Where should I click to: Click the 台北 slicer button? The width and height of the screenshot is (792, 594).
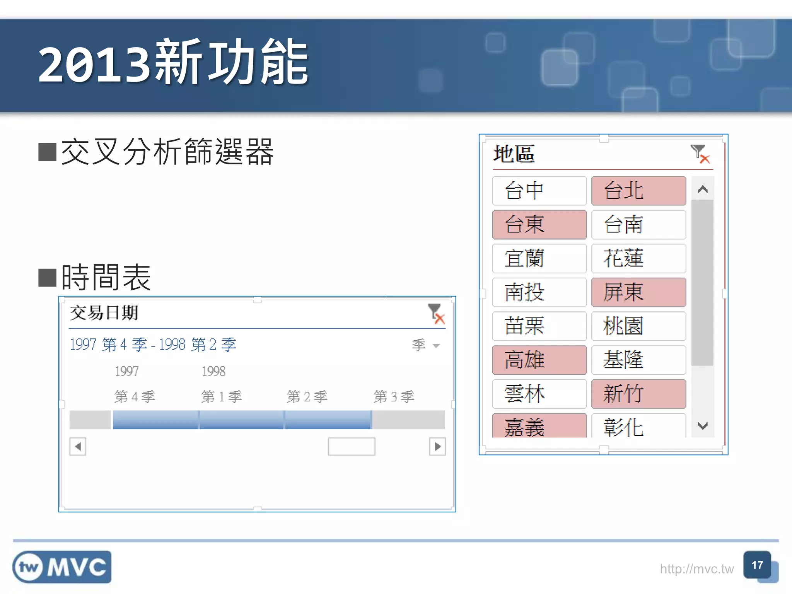click(x=638, y=191)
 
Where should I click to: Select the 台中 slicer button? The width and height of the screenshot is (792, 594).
click(x=539, y=191)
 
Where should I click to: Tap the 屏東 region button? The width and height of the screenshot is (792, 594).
click(x=638, y=292)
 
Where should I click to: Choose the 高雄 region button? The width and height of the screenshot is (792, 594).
click(x=539, y=360)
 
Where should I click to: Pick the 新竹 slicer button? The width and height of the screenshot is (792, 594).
click(x=638, y=394)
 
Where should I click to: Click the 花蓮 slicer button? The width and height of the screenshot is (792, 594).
click(x=638, y=258)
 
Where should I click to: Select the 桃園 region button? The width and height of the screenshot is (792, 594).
click(x=638, y=326)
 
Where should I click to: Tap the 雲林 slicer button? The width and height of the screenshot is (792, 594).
click(x=539, y=394)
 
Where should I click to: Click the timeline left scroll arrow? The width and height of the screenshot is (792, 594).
click(x=78, y=447)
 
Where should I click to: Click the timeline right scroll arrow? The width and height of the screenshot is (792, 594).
click(x=437, y=447)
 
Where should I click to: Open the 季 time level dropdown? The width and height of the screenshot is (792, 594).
click(x=426, y=345)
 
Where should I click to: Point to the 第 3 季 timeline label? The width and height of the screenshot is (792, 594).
click(x=394, y=397)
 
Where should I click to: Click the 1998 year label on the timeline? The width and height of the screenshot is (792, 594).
click(x=213, y=371)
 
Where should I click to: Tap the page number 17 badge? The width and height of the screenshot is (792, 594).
click(x=757, y=565)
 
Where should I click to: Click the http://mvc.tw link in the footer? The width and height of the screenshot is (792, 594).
click(x=696, y=569)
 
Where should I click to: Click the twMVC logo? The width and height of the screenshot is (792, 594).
click(x=62, y=567)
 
